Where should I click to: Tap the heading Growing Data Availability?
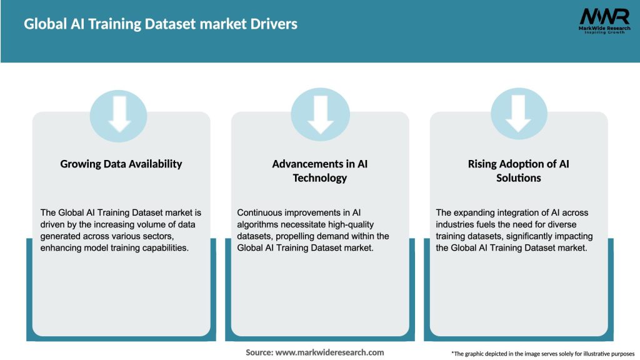click(121, 164)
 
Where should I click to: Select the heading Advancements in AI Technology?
click(320, 171)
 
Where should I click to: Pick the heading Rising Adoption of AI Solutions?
click(519, 171)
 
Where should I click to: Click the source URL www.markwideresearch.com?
click(331, 352)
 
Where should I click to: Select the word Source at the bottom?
click(258, 352)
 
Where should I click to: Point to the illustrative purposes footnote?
click(542, 354)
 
